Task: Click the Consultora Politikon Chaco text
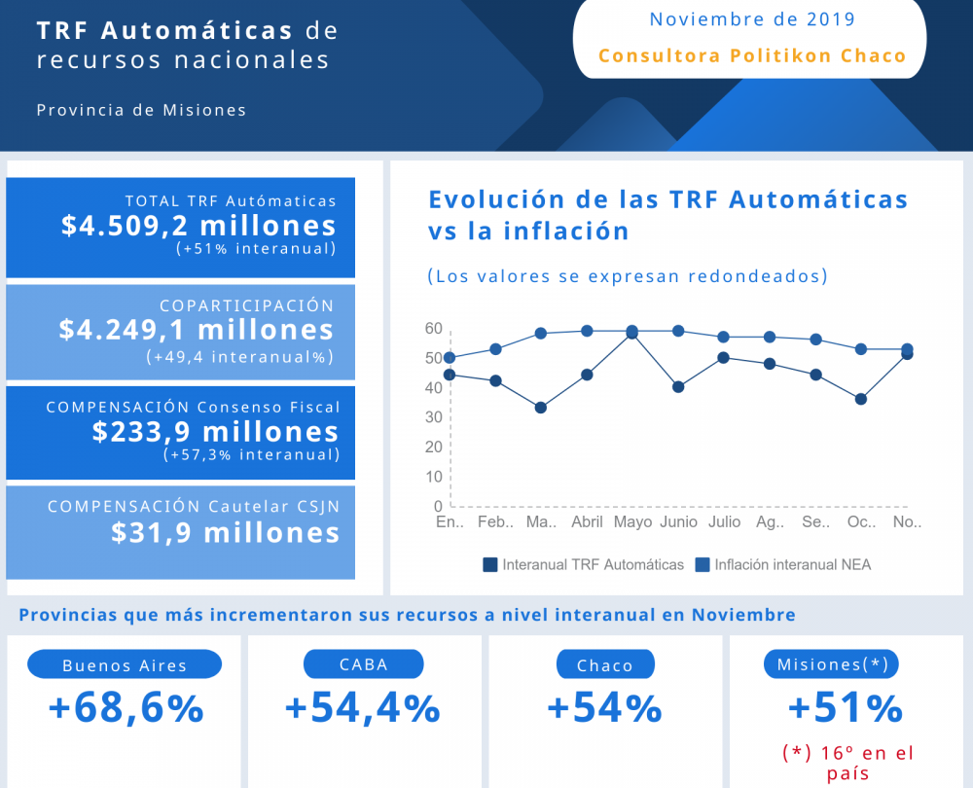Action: point(752,55)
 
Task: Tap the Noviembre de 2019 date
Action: point(752,19)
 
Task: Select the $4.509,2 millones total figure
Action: point(198,226)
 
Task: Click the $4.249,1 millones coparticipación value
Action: point(197,330)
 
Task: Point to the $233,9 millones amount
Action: point(215,432)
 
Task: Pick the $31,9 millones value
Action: point(225,532)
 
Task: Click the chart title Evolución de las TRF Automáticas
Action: point(667,199)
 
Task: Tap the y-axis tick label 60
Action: point(433,329)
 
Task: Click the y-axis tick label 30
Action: point(433,417)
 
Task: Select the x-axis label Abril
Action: point(587,522)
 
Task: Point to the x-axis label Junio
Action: point(678,522)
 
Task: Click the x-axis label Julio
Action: point(724,522)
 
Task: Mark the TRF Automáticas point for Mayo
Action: point(632,334)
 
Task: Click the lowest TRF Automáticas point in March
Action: point(541,408)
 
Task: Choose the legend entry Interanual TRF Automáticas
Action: point(584,564)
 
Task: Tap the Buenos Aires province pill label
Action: point(125,665)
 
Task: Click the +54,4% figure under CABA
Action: point(363,708)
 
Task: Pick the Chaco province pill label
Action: point(604,665)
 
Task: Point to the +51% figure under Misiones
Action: point(845,708)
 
